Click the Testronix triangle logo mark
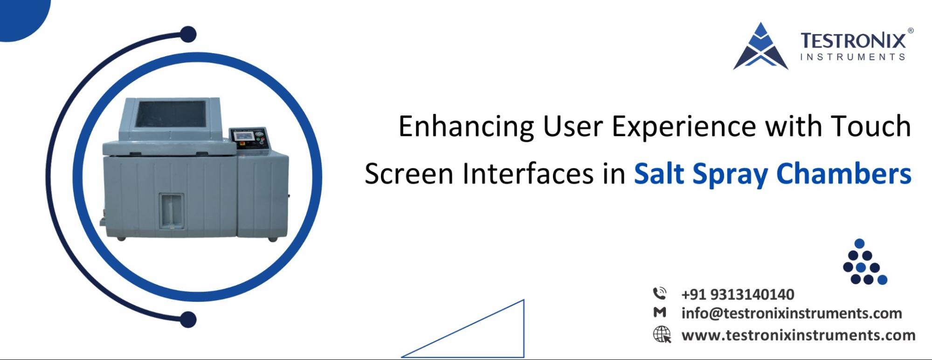click(x=760, y=48)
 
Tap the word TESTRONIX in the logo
click(x=853, y=41)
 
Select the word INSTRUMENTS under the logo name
click(x=852, y=57)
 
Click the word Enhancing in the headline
click(x=466, y=127)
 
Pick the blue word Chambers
click(x=843, y=173)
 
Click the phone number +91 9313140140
click(x=738, y=295)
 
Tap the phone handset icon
click(x=660, y=294)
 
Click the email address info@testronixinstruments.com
click(x=791, y=313)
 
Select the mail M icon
click(x=660, y=312)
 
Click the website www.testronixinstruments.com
click(x=798, y=335)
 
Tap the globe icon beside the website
click(x=662, y=335)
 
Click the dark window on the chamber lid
click(x=170, y=114)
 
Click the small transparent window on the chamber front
click(x=171, y=211)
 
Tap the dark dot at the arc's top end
click(x=188, y=35)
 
